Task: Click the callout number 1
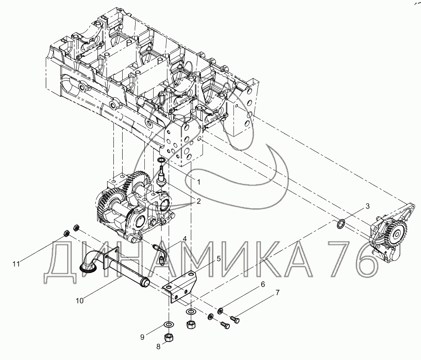[199, 182]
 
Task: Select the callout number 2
[199, 201]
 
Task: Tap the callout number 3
[367, 206]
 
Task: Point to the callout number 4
[185, 239]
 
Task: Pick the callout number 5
[219, 258]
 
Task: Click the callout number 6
[262, 284]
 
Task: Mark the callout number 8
[159, 347]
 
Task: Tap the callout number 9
[142, 337]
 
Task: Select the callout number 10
[80, 301]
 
